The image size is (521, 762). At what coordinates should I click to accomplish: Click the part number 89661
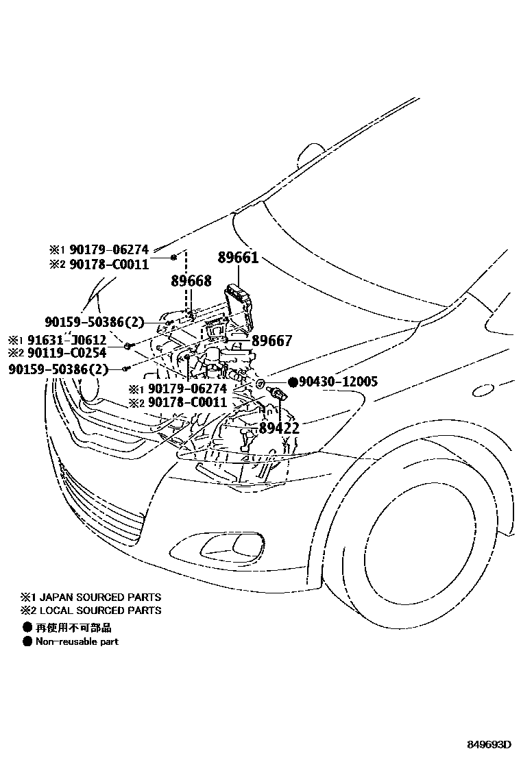pos(238,259)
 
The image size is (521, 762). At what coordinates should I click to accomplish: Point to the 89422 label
pos(279,429)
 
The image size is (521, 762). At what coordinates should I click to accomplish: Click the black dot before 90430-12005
pos(292,382)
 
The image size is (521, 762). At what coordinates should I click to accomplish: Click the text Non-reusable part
pos(77,641)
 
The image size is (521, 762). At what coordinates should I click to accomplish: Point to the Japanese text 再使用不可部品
pos(73,627)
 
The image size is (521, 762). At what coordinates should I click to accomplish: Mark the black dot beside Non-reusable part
pos(27,641)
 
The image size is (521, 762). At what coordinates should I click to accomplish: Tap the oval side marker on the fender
pos(484,390)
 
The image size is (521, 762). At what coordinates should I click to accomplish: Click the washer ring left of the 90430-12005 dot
pos(261,382)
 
